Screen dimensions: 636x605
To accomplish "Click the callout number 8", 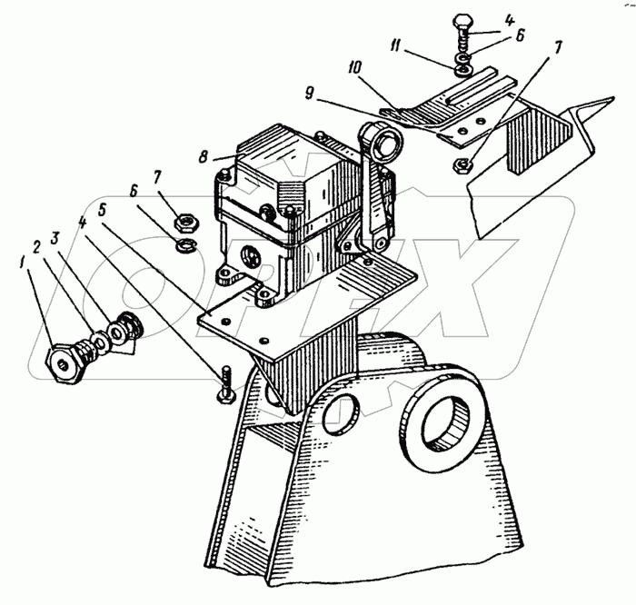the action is point(203,157).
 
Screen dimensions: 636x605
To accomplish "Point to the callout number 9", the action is point(309,94).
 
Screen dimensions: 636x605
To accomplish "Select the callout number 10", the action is point(354,67).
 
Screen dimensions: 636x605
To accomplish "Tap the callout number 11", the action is point(394,45).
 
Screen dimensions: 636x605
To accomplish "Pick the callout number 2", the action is point(37,246).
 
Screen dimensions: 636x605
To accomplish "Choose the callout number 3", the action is point(55,238).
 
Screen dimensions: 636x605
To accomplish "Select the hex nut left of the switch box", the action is point(185,223).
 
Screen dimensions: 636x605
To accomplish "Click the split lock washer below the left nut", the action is point(186,245).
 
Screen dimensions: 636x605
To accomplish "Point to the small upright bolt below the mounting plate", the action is point(225,384).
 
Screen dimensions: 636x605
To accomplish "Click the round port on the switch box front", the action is point(249,257).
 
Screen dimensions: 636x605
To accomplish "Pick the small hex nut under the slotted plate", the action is point(462,165).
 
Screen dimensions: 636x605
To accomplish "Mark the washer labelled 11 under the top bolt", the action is point(462,71).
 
